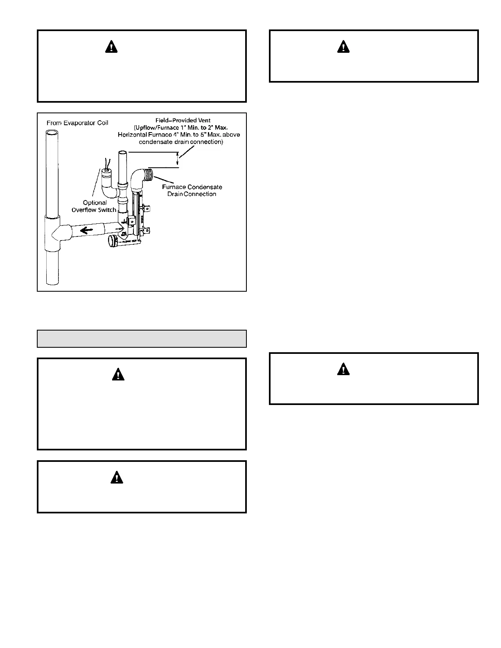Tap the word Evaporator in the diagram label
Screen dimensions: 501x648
pos(80,123)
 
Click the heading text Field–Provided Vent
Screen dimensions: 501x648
pos(183,120)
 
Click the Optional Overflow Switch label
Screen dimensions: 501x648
pos(94,206)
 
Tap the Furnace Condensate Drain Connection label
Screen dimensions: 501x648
pos(192,190)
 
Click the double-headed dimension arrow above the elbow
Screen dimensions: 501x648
pos(177,159)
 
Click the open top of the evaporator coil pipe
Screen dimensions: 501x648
pos(52,133)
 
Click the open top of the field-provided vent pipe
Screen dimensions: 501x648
pos(123,153)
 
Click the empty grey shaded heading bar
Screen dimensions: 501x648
pos(142,339)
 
